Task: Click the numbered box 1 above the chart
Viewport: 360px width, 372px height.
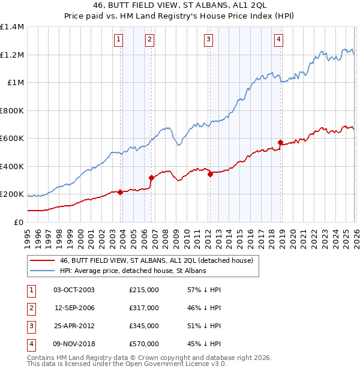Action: pyautogui.click(x=119, y=40)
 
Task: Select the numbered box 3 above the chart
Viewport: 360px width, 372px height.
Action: pyautogui.click(x=208, y=40)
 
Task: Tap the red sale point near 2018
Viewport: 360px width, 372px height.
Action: pyautogui.click(x=280, y=142)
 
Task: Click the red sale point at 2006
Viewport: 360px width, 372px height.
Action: pyautogui.click(x=151, y=178)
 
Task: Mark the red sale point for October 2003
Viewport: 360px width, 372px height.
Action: pyautogui.click(x=121, y=192)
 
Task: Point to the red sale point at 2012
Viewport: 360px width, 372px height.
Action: pyautogui.click(x=210, y=174)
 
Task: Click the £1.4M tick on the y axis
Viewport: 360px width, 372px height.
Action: pyautogui.click(x=12, y=27)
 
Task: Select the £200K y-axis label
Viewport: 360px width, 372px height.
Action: pyautogui.click(x=12, y=194)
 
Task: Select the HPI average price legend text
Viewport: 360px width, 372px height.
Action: pyautogui.click(x=133, y=271)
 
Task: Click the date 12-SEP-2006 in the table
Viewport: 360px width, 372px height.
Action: pyautogui.click(x=74, y=308)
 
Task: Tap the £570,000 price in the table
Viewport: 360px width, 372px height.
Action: pyautogui.click(x=144, y=344)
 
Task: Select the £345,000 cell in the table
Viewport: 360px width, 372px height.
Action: pyautogui.click(x=144, y=326)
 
